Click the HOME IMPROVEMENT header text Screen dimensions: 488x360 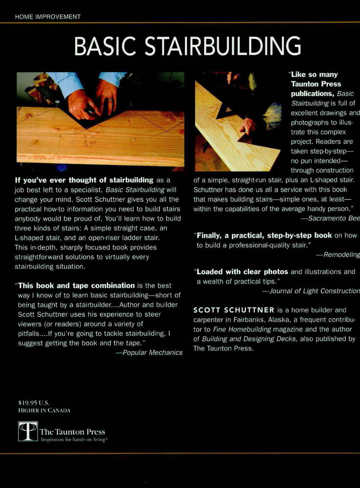click(x=48, y=17)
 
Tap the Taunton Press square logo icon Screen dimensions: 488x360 click(x=28, y=431)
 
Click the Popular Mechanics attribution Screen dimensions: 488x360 click(x=149, y=352)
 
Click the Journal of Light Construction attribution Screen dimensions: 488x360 click(x=311, y=291)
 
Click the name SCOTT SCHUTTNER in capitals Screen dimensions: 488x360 click(x=233, y=310)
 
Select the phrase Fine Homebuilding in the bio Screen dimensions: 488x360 click(x=238, y=329)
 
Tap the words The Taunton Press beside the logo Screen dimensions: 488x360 click(x=72, y=431)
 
